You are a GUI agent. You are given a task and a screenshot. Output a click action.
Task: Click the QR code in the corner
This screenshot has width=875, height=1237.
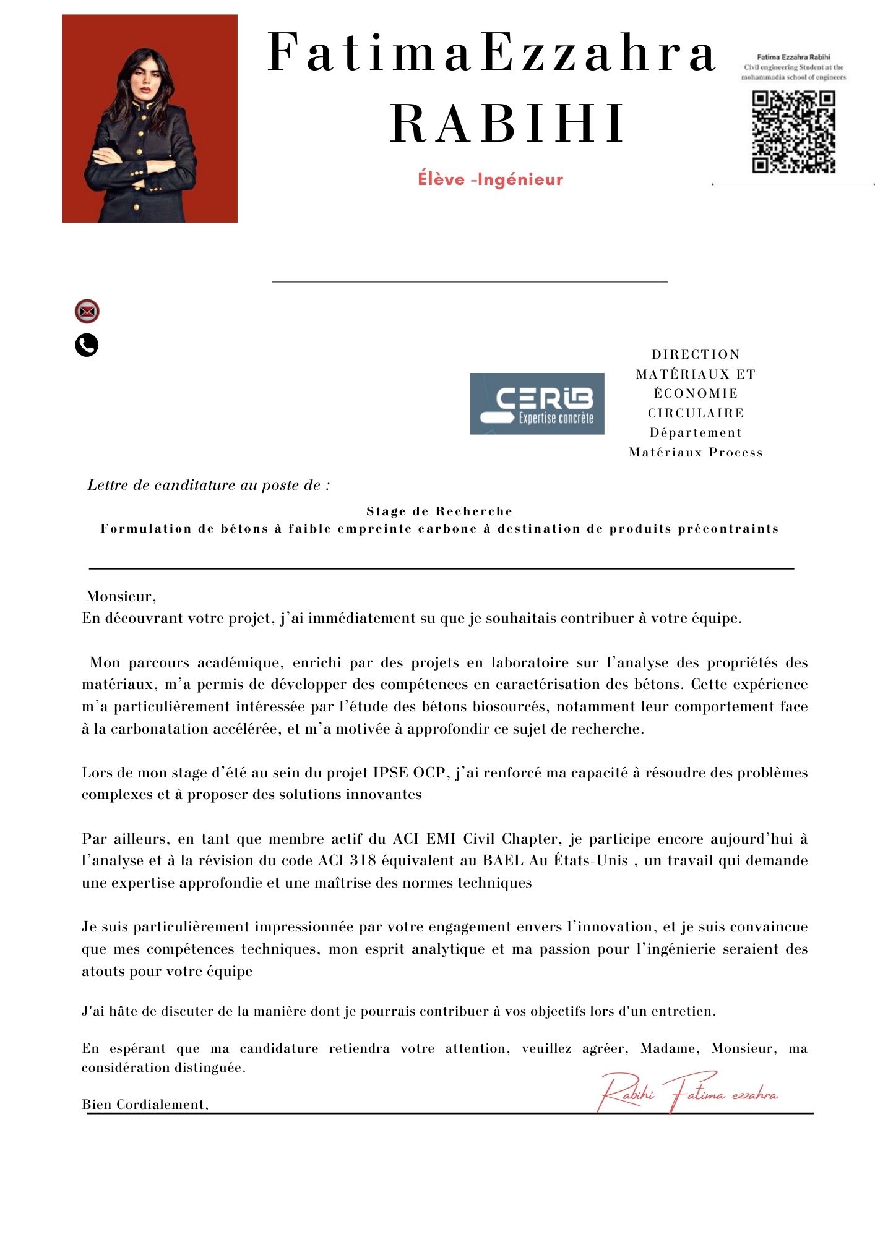pyautogui.click(x=794, y=132)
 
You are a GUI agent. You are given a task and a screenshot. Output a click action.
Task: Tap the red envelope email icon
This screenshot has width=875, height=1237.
pyautogui.click(x=87, y=311)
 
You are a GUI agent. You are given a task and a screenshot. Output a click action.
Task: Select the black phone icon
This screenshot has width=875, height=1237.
pyautogui.click(x=87, y=345)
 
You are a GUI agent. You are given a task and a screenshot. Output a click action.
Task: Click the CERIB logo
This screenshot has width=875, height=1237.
pyautogui.click(x=537, y=403)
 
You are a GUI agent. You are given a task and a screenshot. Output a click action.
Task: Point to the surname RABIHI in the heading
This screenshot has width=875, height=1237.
pyautogui.click(x=507, y=124)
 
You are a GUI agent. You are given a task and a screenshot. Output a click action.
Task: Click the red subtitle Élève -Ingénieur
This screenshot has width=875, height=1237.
pyautogui.click(x=490, y=179)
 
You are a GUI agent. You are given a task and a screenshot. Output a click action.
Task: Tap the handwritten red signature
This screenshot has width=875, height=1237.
pyautogui.click(x=687, y=1094)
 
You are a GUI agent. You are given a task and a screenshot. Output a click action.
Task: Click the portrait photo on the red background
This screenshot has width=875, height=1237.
pyautogui.click(x=150, y=119)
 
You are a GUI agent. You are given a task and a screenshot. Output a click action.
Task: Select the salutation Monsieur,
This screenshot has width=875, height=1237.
pyautogui.click(x=121, y=596)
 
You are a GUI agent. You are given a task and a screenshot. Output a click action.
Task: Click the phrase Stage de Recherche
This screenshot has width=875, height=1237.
pyautogui.click(x=439, y=511)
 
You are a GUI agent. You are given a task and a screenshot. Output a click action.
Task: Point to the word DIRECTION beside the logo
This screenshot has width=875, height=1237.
pyautogui.click(x=696, y=354)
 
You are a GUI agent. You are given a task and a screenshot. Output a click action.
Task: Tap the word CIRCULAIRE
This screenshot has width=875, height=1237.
pyautogui.click(x=696, y=413)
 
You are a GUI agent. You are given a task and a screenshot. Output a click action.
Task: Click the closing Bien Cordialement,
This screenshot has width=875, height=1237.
pyautogui.click(x=145, y=1105)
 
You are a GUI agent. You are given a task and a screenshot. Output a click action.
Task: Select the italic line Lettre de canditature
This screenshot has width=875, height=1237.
pyautogui.click(x=209, y=485)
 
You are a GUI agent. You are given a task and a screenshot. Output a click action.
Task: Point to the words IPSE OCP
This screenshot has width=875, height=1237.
pyautogui.click(x=409, y=773)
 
